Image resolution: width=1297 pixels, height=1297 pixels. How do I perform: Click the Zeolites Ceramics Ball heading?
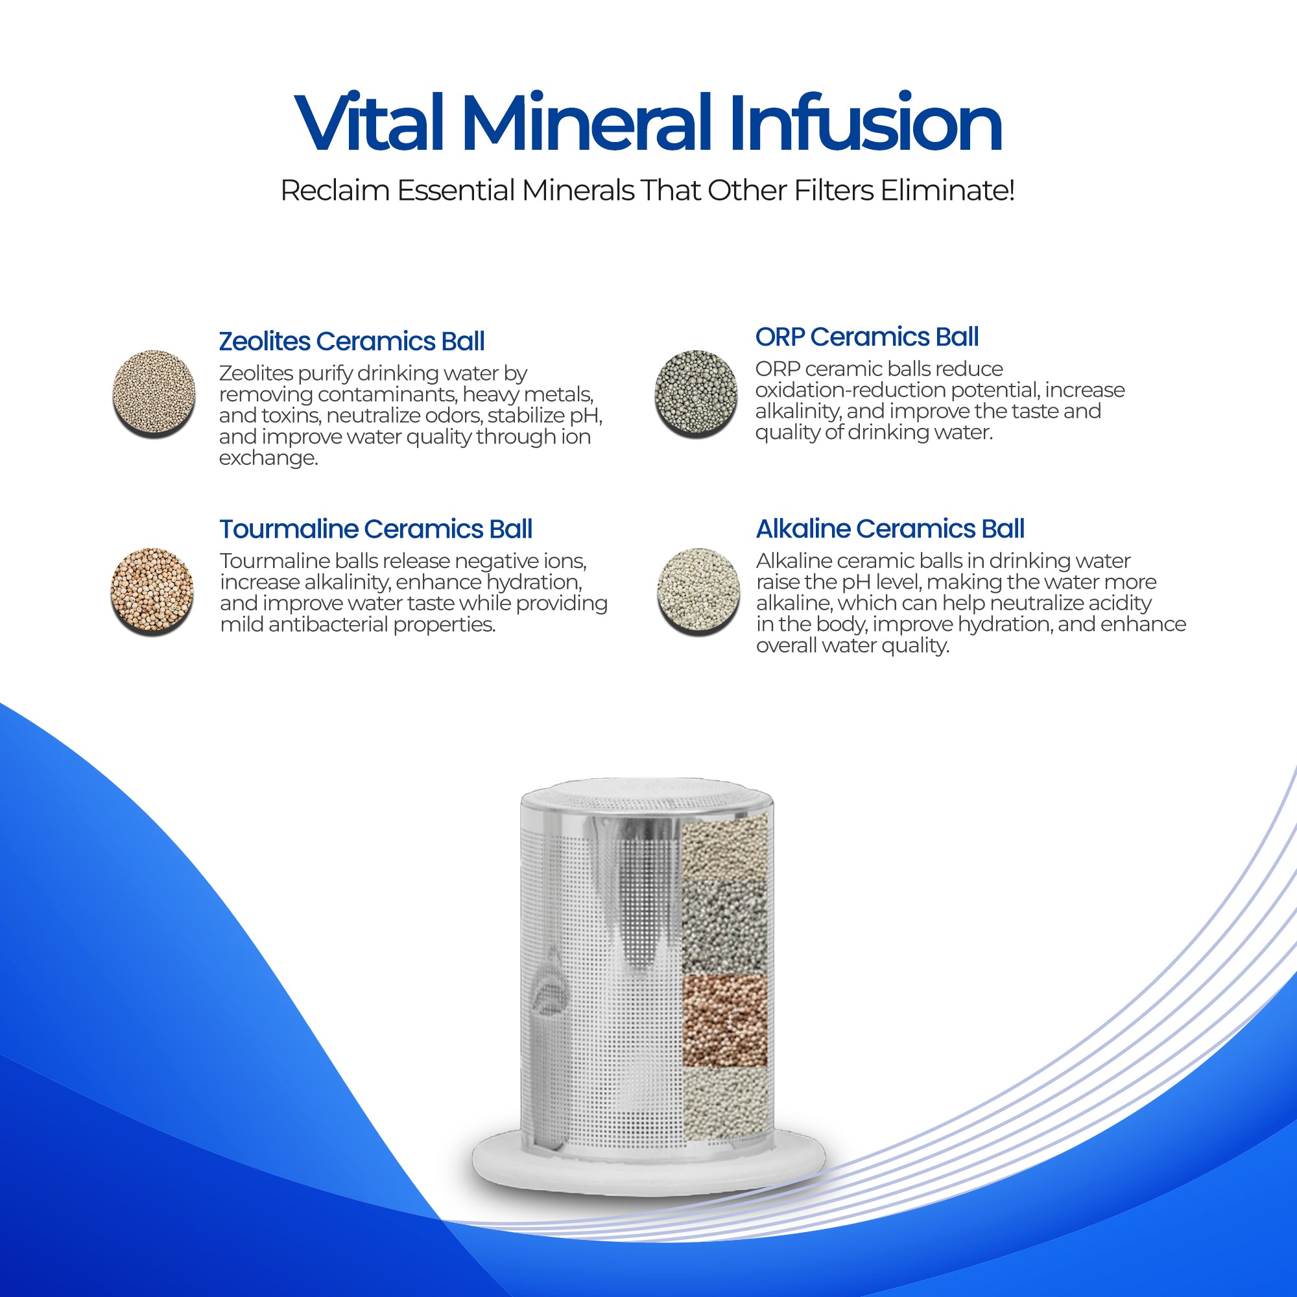(351, 342)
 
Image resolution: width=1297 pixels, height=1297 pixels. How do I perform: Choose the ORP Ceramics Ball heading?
(866, 337)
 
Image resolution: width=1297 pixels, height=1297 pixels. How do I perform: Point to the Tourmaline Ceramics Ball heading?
(376, 529)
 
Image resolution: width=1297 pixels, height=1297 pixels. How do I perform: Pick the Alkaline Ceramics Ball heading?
(890, 529)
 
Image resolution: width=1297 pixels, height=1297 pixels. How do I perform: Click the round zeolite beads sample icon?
(154, 394)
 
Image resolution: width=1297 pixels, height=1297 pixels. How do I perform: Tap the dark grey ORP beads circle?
(695, 394)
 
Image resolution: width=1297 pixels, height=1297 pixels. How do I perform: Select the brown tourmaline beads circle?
(152, 591)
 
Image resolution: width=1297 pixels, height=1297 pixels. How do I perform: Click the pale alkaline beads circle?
(698, 591)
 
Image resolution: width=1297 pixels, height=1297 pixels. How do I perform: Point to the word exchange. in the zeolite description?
(268, 458)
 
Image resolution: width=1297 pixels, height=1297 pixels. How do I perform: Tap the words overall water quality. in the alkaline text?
(853, 645)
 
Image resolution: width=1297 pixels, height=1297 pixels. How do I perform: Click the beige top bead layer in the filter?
(724, 850)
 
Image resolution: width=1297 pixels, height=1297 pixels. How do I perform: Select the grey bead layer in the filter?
(724, 927)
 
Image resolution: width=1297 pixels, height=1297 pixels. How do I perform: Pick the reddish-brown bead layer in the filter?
(724, 1020)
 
